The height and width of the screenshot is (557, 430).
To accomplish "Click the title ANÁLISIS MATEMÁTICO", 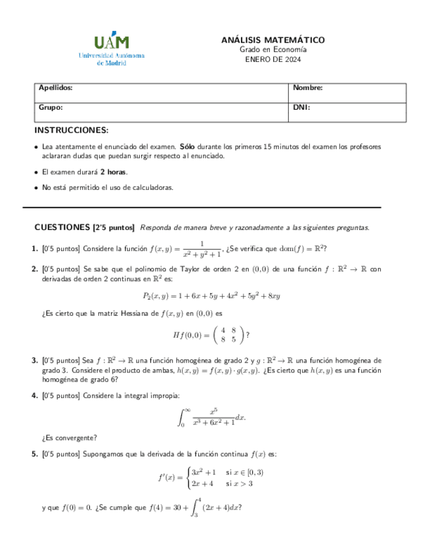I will tap(272, 41).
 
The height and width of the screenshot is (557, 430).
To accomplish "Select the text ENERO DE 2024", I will tap(272, 59).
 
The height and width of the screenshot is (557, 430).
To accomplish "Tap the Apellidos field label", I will tap(55, 88).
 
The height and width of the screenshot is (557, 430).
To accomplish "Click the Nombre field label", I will tap(307, 88).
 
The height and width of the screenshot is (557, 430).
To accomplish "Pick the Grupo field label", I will tap(51, 106).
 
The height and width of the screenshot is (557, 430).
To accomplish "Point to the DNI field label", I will tap(301, 106).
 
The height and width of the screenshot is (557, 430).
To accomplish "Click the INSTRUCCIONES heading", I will tap(72, 130).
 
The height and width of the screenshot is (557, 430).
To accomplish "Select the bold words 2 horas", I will tap(113, 172).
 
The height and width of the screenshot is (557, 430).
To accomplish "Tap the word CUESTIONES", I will tap(62, 227).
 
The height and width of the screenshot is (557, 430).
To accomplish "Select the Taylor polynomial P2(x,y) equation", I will tap(211, 296).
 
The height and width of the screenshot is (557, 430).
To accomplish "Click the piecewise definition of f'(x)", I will tap(211, 478).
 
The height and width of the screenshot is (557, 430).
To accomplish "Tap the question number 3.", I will tap(35, 361).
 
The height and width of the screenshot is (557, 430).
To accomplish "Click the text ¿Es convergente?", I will tap(69, 437).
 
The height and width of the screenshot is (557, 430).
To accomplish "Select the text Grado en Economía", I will tap(272, 50).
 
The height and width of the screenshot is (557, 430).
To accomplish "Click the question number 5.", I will tap(35, 454).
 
